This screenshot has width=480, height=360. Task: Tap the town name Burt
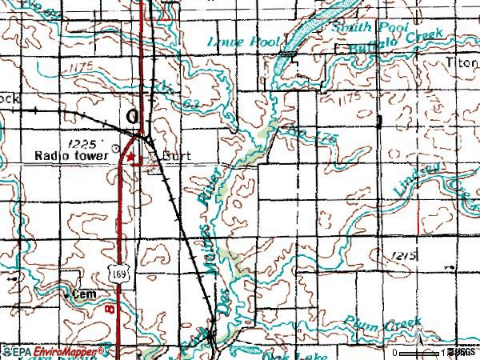click(176, 157)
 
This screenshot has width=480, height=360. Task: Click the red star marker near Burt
click(132, 158)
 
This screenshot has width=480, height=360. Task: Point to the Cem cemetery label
click(84, 294)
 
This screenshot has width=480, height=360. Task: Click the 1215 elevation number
click(406, 254)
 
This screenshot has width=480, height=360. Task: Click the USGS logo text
click(462, 352)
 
